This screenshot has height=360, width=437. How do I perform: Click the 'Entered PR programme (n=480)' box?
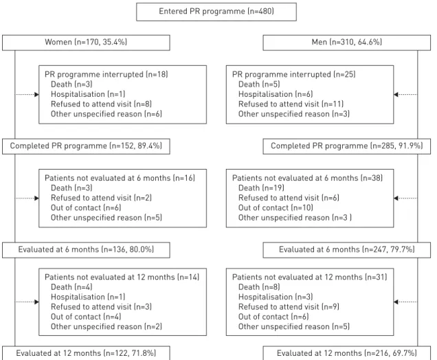[216, 12]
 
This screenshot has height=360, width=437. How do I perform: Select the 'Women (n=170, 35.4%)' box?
[86, 43]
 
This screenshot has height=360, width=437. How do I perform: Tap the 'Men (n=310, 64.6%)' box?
[347, 43]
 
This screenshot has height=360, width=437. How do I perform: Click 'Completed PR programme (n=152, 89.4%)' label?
[86, 146]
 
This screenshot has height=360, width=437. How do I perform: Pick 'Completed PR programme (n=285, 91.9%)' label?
[347, 146]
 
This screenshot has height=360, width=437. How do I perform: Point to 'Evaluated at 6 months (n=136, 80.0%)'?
[86, 249]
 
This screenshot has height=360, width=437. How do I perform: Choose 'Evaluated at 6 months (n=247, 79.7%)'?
[347, 249]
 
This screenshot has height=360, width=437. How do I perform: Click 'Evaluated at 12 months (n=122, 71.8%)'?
[86, 353]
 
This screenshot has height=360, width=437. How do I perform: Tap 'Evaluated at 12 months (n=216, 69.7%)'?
[347, 353]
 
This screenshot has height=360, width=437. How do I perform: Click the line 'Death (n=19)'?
[261, 188]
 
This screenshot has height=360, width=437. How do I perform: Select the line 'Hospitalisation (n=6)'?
[276, 94]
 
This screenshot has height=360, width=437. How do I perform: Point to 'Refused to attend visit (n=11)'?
[291, 104]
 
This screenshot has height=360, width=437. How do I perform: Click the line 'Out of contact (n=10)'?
[276, 208]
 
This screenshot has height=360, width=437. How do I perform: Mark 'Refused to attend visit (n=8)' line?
[101, 104]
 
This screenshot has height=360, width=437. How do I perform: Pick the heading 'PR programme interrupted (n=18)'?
[107, 74]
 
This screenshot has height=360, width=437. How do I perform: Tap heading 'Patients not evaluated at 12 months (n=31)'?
[310, 278]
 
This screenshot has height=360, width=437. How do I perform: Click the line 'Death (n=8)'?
[259, 287]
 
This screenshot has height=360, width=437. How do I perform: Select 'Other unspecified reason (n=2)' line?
[107, 326]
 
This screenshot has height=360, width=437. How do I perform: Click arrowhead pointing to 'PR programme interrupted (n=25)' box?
[396, 94]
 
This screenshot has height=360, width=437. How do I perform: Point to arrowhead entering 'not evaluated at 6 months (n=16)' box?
[36, 198]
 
